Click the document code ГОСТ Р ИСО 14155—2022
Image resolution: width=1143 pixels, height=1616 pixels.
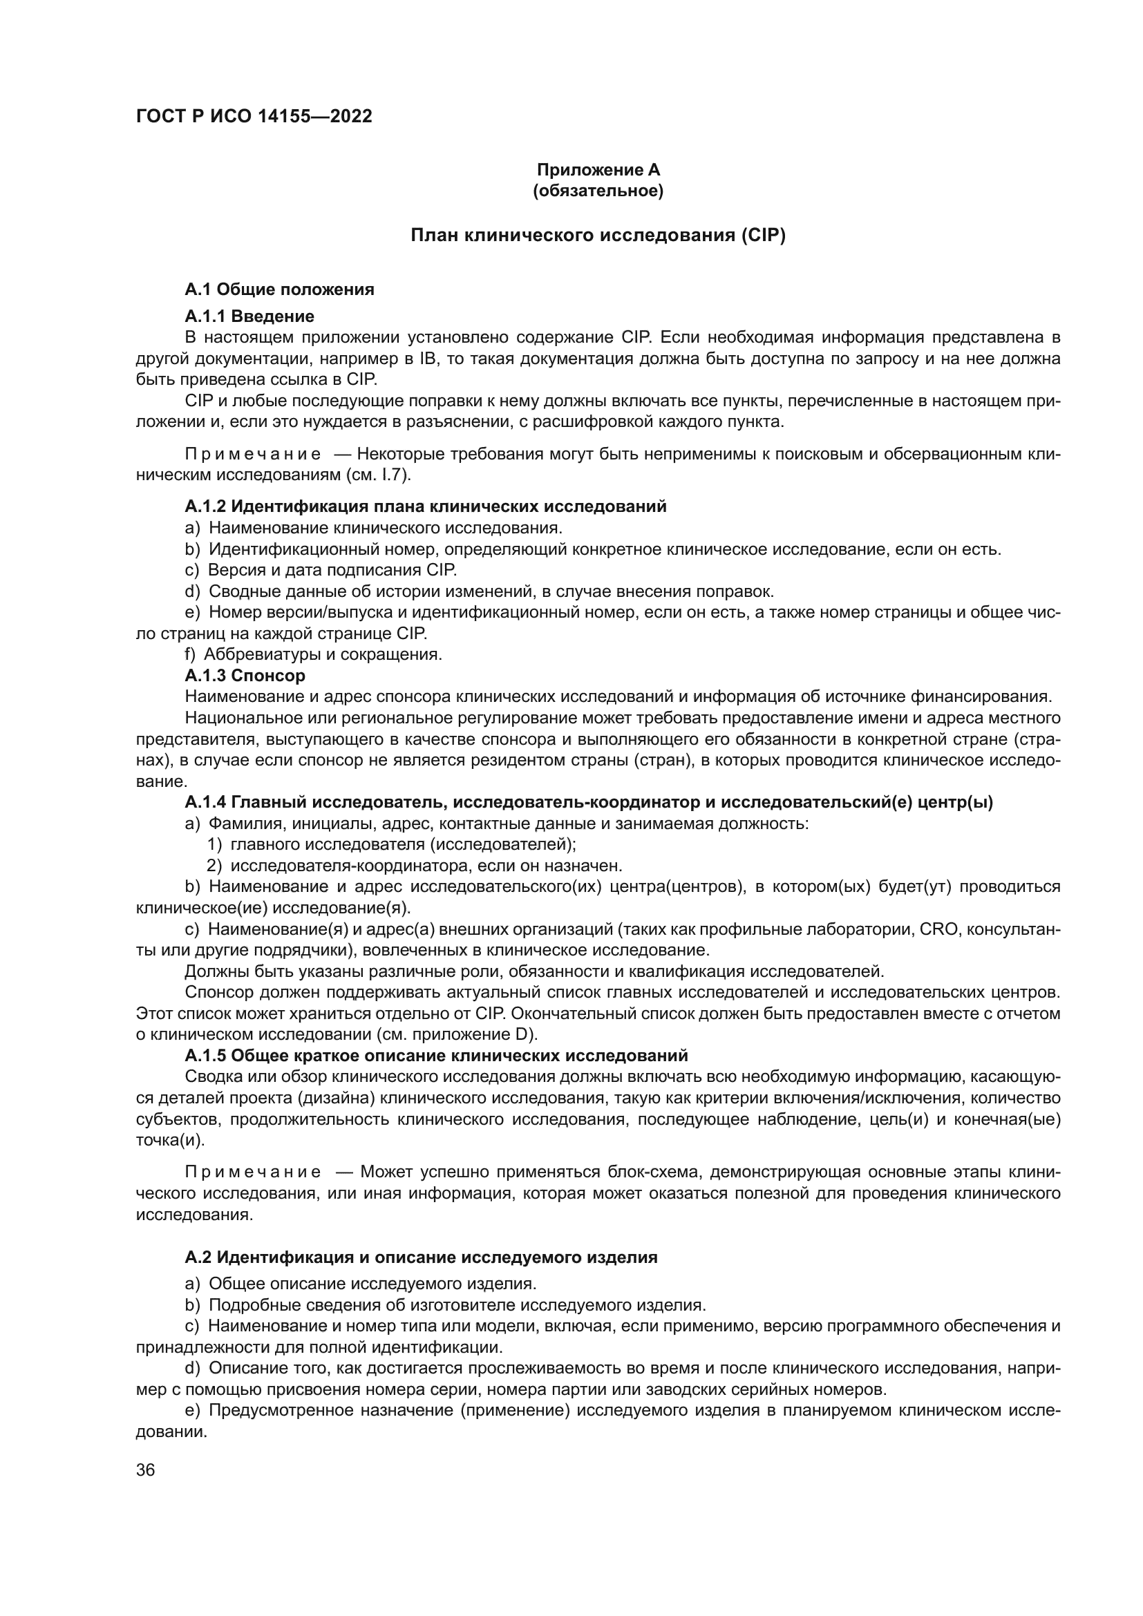click(254, 116)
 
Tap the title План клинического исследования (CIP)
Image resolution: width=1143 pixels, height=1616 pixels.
click(598, 235)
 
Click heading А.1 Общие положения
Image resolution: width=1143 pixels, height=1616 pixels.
click(279, 289)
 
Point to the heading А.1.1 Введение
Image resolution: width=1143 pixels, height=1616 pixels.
click(249, 316)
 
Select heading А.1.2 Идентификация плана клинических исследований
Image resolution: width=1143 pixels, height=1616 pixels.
click(425, 506)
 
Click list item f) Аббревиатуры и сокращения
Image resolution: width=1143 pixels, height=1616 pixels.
click(313, 654)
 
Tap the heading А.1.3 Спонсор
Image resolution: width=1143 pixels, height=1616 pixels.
click(245, 676)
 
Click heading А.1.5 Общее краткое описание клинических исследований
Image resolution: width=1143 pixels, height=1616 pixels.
click(436, 1056)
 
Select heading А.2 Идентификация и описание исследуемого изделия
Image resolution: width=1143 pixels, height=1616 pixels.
click(421, 1257)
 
